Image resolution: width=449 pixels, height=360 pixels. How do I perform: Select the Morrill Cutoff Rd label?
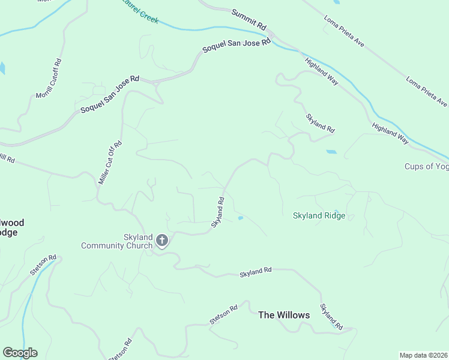point(49,79)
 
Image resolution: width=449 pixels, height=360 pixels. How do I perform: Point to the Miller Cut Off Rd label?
point(110,162)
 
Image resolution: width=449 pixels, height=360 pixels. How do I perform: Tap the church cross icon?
point(161,241)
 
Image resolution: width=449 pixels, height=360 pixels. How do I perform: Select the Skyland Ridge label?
point(319,215)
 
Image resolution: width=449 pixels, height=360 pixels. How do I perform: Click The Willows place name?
point(284,315)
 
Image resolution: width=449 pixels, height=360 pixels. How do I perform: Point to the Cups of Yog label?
point(427,166)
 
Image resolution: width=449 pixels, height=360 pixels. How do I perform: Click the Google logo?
point(20,353)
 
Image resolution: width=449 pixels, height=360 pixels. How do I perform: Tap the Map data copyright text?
point(424,355)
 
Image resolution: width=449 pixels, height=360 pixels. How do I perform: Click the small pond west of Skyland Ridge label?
point(240,218)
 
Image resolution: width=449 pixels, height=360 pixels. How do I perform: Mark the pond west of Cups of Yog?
point(331,152)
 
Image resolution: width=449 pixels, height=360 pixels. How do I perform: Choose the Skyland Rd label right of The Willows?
point(331,317)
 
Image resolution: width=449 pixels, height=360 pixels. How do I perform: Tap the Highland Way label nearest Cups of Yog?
point(390,132)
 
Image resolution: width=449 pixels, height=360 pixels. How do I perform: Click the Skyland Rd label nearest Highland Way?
point(319,122)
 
